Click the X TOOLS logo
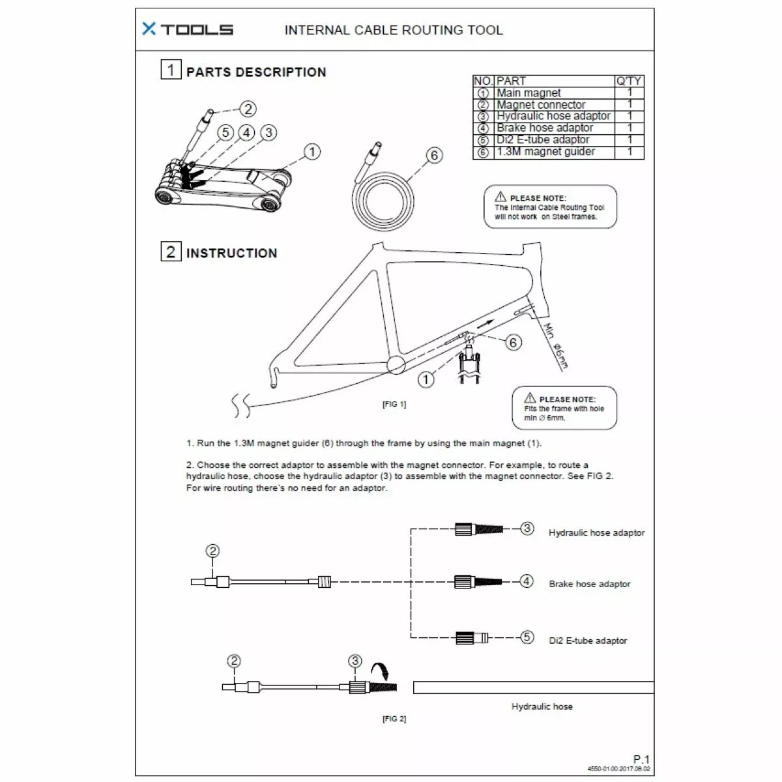[187, 29]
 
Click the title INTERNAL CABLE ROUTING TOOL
[394, 30]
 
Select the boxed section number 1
[171, 69]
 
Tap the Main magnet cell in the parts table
[529, 93]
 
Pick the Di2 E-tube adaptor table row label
[543, 140]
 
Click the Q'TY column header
[629, 81]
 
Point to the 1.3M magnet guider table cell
[545, 152]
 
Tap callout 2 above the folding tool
[248, 109]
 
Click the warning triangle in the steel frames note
[500, 197]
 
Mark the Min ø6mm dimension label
[556, 346]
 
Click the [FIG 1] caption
[394, 404]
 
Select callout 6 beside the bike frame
[514, 342]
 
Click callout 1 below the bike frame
[426, 379]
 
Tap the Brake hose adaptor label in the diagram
[589, 584]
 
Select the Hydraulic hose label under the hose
[542, 706]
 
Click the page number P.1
[641, 759]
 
